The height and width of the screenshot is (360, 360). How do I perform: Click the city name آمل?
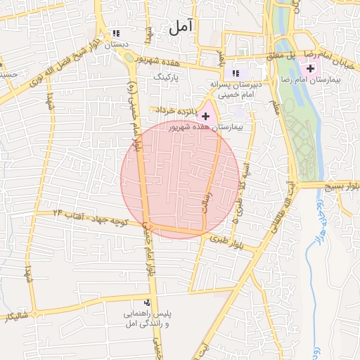point(180,27)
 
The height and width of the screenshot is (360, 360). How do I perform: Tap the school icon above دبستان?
point(115,33)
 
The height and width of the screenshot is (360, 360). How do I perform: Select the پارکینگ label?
point(167,75)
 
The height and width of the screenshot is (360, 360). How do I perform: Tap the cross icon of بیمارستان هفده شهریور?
point(205,115)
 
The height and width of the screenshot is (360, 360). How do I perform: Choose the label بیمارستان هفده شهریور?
point(206,128)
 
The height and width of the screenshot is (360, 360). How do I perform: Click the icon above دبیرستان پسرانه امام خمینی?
point(236,73)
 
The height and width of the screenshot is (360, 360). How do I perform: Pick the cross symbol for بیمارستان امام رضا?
point(310,67)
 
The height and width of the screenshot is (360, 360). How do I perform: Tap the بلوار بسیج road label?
point(339,187)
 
